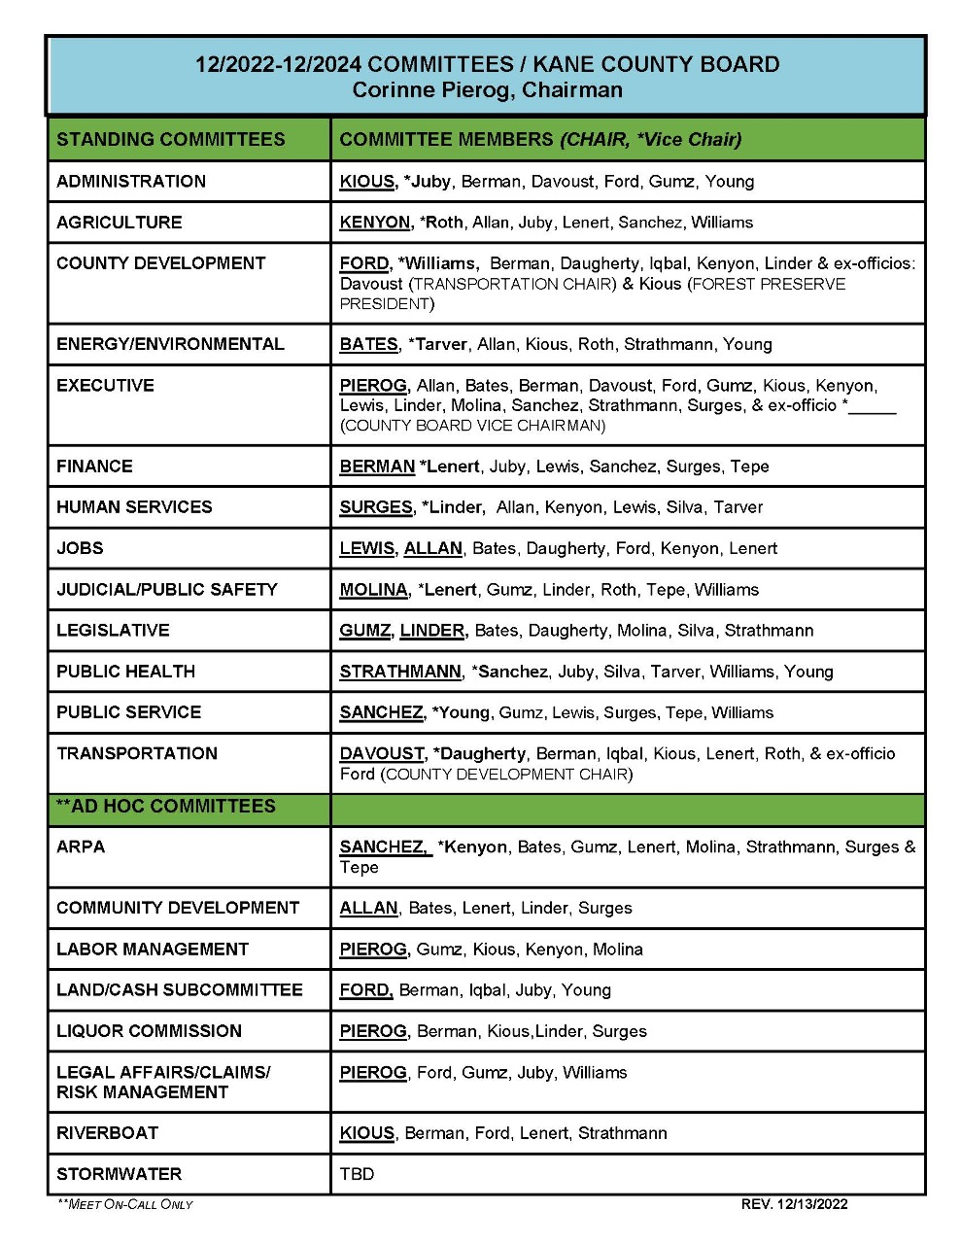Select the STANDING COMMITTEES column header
click(170, 139)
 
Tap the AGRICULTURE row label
click(119, 223)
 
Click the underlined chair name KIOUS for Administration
click(366, 182)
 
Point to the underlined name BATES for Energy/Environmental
click(368, 344)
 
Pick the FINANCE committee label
click(94, 466)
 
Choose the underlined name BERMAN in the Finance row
click(377, 466)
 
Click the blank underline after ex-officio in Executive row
click(873, 406)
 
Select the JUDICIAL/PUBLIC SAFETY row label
click(166, 590)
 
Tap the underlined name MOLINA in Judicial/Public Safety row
click(373, 590)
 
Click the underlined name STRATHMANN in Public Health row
click(400, 672)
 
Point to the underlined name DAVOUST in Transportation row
click(382, 754)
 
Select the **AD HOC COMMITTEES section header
click(166, 807)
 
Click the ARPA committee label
click(81, 847)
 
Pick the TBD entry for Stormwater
click(357, 1174)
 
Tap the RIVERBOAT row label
click(107, 1133)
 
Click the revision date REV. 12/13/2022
click(794, 1204)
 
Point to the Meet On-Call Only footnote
click(125, 1205)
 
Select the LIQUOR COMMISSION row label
click(149, 1031)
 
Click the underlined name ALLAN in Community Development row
click(368, 908)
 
